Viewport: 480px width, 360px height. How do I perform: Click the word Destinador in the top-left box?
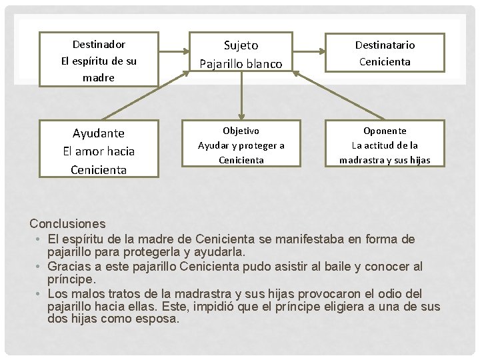pos(99,45)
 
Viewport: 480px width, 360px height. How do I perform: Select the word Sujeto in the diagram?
pos(241,45)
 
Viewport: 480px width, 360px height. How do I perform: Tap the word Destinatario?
pos(385,45)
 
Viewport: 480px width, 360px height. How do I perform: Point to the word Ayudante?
pos(99,133)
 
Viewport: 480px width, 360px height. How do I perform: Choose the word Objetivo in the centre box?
pos(241,131)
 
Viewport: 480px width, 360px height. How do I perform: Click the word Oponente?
pos(385,131)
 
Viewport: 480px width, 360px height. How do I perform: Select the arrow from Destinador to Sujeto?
pos(174,49)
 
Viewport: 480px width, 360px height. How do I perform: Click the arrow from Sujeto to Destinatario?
pos(309,49)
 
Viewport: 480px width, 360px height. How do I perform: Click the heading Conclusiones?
pos(67,224)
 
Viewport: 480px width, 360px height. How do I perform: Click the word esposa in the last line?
pos(157,319)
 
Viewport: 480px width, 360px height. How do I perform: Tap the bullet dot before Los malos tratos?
pos(40,294)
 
